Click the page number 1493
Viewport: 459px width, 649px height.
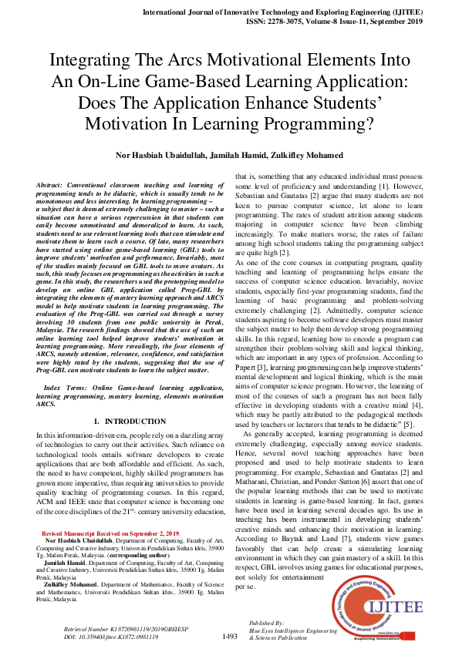pos(229,636)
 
